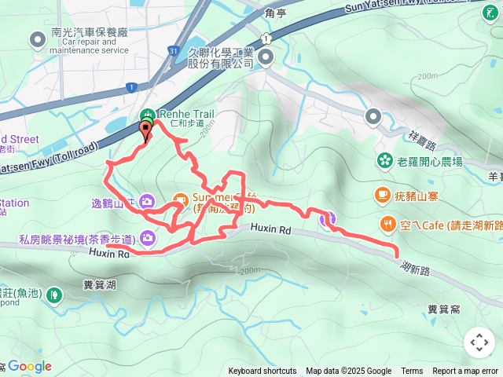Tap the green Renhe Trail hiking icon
click(149, 113)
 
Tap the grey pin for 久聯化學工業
click(266, 57)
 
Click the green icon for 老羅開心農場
click(384, 161)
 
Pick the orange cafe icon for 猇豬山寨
click(382, 192)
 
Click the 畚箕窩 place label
click(444, 309)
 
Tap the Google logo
click(29, 366)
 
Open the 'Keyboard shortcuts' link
click(263, 372)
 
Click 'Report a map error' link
click(466, 372)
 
